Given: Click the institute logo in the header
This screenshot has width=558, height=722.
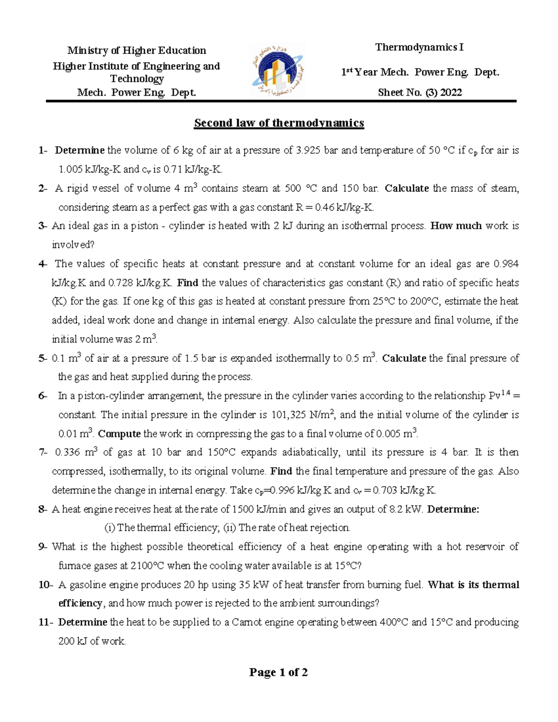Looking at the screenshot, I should (x=277, y=70).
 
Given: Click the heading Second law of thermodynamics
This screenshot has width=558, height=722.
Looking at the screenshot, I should (x=279, y=123).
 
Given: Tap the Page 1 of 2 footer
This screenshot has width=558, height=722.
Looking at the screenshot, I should (x=279, y=672).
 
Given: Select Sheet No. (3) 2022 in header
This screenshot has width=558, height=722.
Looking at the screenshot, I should (x=419, y=93).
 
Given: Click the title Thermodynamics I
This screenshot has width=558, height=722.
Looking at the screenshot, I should (x=419, y=47).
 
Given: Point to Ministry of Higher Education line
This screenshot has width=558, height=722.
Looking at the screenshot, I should (x=137, y=50).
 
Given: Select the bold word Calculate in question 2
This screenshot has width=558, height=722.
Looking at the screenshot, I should (x=407, y=188).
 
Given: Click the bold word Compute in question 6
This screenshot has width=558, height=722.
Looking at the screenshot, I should (x=119, y=434).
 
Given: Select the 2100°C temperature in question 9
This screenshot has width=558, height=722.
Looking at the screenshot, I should (x=147, y=566).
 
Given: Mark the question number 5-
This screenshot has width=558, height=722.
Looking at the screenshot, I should (x=43, y=358).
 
